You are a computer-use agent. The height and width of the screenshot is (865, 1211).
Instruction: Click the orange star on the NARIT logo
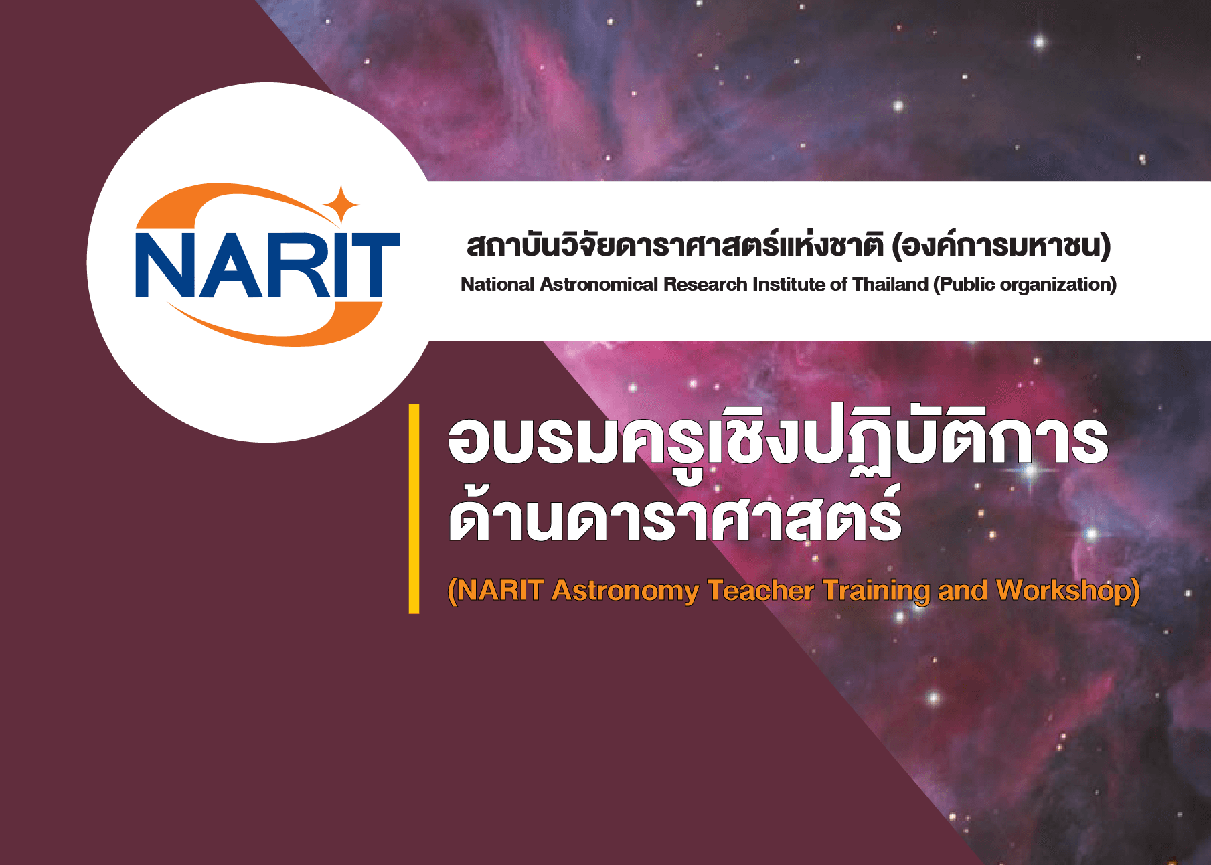(341, 204)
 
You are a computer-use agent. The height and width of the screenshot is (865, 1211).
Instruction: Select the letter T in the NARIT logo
(367, 265)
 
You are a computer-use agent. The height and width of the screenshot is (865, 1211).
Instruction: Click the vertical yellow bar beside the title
(414, 509)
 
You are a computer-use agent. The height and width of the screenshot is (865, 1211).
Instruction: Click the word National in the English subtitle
(497, 284)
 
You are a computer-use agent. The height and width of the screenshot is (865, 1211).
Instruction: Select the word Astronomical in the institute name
(599, 284)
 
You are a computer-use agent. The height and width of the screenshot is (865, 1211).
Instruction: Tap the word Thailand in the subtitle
(890, 284)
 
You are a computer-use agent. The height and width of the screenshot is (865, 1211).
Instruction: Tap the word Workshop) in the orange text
(1068, 591)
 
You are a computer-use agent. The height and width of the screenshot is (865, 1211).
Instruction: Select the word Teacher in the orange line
(760, 591)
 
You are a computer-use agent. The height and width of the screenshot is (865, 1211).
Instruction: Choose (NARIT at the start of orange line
(495, 591)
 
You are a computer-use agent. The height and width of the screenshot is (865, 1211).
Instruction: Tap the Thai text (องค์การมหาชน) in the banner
(1001, 245)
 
